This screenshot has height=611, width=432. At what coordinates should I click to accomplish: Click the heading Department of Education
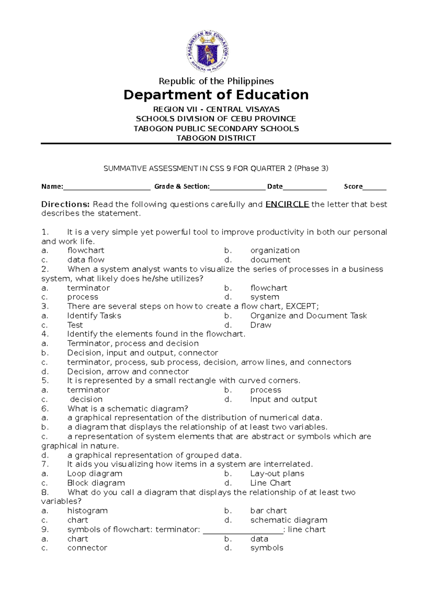click(216, 95)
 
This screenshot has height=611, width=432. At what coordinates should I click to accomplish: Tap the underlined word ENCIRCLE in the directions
click(287, 204)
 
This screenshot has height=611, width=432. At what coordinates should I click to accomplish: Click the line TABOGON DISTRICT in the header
click(216, 138)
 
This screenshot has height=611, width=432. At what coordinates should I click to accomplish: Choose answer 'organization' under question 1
click(275, 250)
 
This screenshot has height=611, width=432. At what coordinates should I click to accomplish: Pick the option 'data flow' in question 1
click(86, 260)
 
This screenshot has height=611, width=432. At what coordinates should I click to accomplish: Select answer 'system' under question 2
click(265, 297)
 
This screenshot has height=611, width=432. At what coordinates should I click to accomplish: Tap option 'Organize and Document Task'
click(308, 316)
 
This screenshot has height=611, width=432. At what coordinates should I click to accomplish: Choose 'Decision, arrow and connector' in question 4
click(128, 371)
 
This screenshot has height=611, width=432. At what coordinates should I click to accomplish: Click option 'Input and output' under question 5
click(283, 399)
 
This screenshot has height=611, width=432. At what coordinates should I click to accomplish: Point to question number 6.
click(45, 409)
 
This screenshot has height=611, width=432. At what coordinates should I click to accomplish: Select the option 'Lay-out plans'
click(277, 474)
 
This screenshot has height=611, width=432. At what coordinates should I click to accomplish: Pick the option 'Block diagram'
click(96, 483)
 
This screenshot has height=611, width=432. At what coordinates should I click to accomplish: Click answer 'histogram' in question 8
click(87, 511)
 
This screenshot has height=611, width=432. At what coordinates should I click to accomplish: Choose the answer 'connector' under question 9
click(87, 548)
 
